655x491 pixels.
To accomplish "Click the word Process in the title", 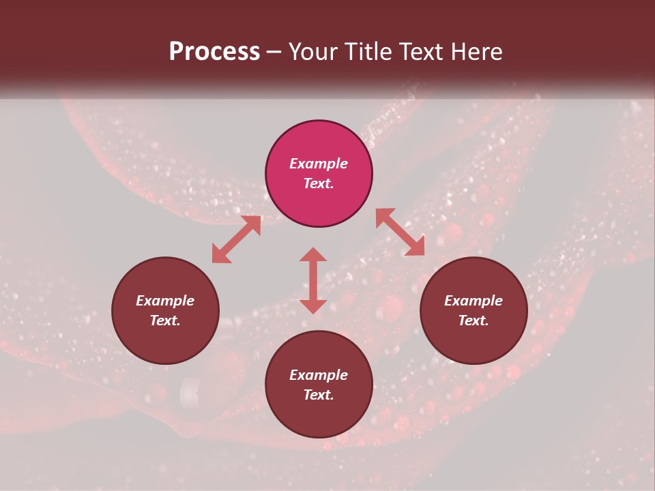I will pos(214,52).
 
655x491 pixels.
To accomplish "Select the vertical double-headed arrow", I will pos(313,280).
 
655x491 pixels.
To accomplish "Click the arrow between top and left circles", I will pos(237,239).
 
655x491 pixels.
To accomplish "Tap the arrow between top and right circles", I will pos(400,232).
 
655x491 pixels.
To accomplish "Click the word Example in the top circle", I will pos(319,164).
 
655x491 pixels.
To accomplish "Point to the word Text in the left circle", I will pos(165,321).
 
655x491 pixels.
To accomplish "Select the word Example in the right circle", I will pos(474,301).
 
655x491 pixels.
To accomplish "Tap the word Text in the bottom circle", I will pos(319,395).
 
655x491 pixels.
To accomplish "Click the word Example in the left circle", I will pos(165,301).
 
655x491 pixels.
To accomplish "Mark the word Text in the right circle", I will pos(474,321).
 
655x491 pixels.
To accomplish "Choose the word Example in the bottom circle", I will pos(319,375).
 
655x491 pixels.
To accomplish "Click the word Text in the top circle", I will pos(319,183).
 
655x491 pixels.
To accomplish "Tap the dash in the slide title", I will pos(274,53).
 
